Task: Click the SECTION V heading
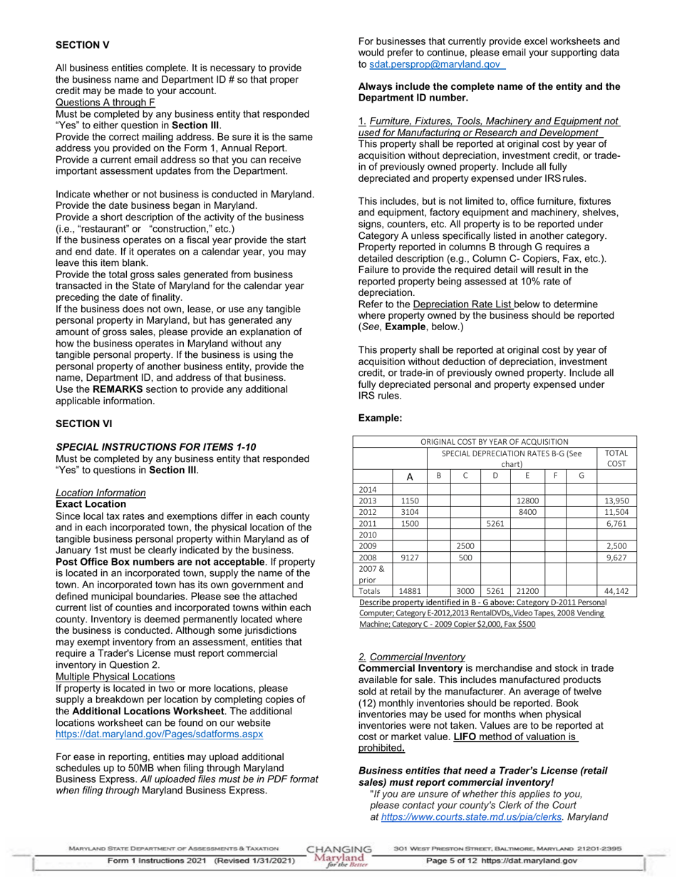tap(83, 45)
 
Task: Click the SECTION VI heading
tap(84, 424)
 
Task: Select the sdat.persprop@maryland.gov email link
tap(435, 64)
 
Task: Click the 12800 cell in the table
tap(527, 501)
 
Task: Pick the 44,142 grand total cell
tap(616, 591)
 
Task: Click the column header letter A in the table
tap(409, 476)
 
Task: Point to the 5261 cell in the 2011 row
tap(495, 524)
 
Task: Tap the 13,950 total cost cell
tap(616, 501)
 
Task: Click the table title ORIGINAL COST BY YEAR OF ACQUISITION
tap(494, 442)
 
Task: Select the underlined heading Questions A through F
tap(105, 103)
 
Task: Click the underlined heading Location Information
tap(100, 493)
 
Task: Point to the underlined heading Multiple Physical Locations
tap(115, 676)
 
